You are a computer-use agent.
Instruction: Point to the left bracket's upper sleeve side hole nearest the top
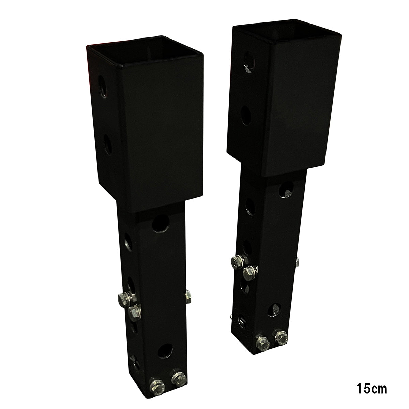102,83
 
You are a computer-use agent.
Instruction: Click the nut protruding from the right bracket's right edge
297,262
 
